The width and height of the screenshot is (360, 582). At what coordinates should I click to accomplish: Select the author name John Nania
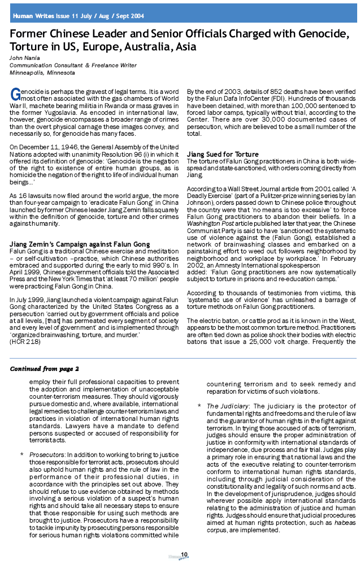pos(24,58)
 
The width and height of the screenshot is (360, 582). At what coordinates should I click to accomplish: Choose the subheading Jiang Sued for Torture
pos(223,154)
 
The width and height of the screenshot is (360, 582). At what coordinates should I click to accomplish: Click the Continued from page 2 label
pos(45,369)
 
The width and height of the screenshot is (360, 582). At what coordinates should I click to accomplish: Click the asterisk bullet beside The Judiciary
pos(199,406)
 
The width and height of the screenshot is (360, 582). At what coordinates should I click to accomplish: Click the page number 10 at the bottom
pos(184,553)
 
